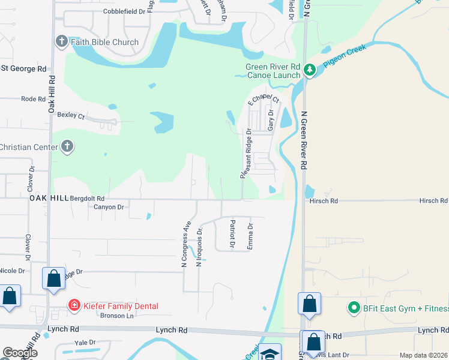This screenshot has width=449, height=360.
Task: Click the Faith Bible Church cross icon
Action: [61, 42]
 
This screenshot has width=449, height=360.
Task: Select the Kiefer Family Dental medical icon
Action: [74, 306]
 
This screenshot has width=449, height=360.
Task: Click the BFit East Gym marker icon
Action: [354, 309]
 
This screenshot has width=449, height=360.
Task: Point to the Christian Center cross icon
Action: [67, 147]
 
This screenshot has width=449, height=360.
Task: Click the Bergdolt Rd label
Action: [88, 198]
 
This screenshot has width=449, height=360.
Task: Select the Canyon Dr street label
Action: [109, 207]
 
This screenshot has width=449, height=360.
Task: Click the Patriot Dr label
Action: [232, 233]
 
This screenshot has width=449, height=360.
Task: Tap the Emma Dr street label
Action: [250, 236]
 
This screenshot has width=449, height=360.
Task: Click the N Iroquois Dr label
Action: [200, 246]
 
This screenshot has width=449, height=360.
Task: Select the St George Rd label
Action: [23, 68]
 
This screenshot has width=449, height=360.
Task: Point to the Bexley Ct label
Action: [71, 115]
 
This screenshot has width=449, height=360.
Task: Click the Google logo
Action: [20, 353]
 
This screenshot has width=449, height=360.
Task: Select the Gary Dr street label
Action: [271, 120]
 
